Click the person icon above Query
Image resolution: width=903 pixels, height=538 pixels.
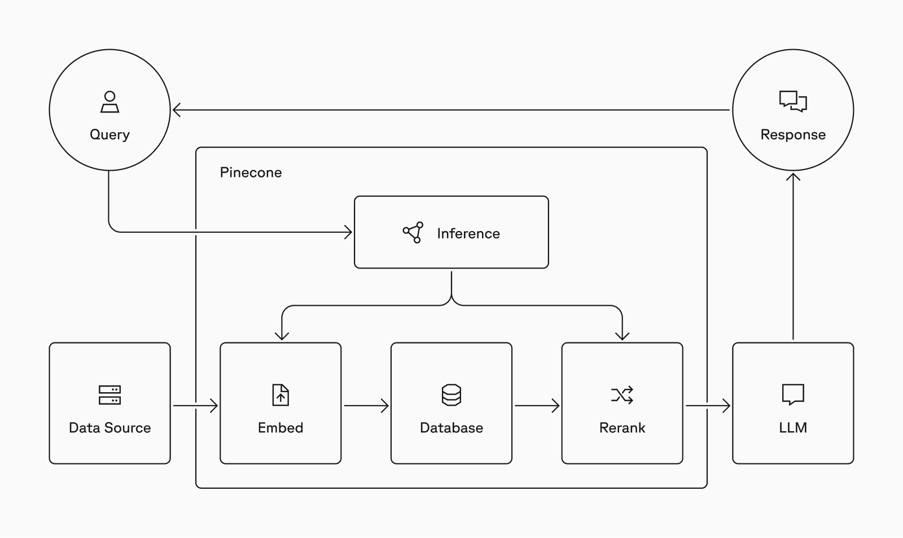pyautogui.click(x=109, y=102)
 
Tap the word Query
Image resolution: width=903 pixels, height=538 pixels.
pyautogui.click(x=109, y=135)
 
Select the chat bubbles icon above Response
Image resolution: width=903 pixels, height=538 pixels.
pyautogui.click(x=793, y=101)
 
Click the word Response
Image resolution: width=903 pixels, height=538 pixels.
pyautogui.click(x=793, y=135)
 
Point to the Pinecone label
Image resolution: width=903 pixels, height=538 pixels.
pyautogui.click(x=251, y=172)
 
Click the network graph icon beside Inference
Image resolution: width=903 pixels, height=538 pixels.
pyautogui.click(x=413, y=232)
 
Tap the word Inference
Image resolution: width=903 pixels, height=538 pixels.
pyautogui.click(x=468, y=233)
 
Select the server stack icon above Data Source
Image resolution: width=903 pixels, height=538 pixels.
pyautogui.click(x=109, y=394)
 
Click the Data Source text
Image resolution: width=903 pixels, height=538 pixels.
pyautogui.click(x=109, y=428)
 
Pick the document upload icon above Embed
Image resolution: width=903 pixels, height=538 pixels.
pyautogui.click(x=280, y=394)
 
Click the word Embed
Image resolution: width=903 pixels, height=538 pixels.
pyautogui.click(x=280, y=428)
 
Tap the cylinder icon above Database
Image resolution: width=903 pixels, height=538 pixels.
pyautogui.click(x=451, y=394)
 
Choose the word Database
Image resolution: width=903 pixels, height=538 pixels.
pyautogui.click(x=451, y=428)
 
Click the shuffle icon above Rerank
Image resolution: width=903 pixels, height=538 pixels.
pyautogui.click(x=622, y=395)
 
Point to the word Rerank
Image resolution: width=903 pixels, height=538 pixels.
pyautogui.click(x=622, y=428)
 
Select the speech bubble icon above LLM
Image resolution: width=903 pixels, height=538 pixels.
pyautogui.click(x=793, y=394)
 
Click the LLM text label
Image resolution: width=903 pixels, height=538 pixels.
pyautogui.click(x=793, y=428)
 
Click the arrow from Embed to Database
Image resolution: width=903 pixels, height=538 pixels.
pyautogui.click(x=366, y=406)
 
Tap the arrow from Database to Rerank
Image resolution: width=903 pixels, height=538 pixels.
pyautogui.click(x=537, y=406)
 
